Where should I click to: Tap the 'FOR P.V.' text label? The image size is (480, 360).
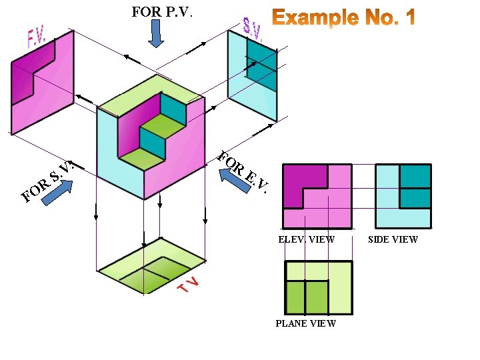point(163,11)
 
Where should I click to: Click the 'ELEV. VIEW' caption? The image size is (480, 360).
point(306,239)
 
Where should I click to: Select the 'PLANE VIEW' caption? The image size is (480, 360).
point(306,323)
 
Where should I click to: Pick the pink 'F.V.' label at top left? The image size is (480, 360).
point(35,39)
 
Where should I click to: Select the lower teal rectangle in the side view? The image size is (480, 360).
point(414,199)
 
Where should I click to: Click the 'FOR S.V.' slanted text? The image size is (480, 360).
point(46,181)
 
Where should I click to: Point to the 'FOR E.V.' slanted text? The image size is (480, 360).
point(244,173)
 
